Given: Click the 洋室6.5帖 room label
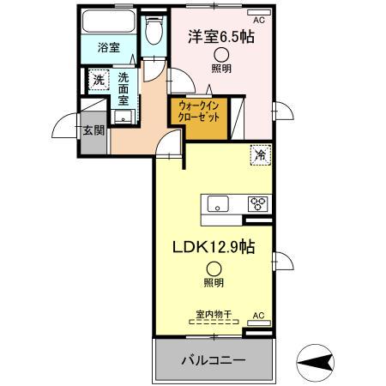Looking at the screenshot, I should click(221, 37).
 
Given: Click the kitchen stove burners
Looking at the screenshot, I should click(256, 204).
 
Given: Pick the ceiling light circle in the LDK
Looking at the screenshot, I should click(212, 267).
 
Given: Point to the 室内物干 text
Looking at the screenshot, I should click(211, 313).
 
